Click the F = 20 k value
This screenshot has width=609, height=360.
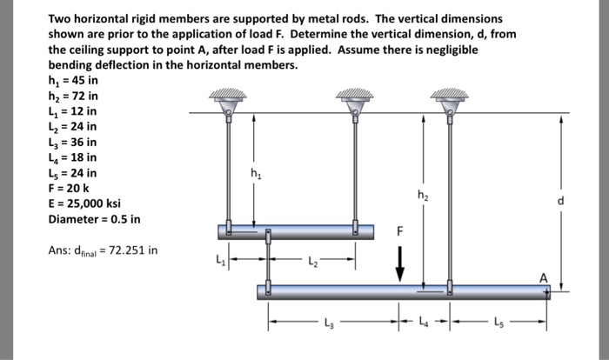coord(69,188)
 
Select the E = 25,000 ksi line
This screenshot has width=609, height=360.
coord(84,203)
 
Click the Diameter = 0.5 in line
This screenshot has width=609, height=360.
coord(94,218)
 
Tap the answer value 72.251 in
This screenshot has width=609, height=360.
coord(127,251)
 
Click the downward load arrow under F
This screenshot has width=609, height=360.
coord(400,263)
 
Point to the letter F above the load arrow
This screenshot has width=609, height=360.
coord(400,232)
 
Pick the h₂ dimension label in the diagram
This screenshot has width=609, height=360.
coord(423,195)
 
